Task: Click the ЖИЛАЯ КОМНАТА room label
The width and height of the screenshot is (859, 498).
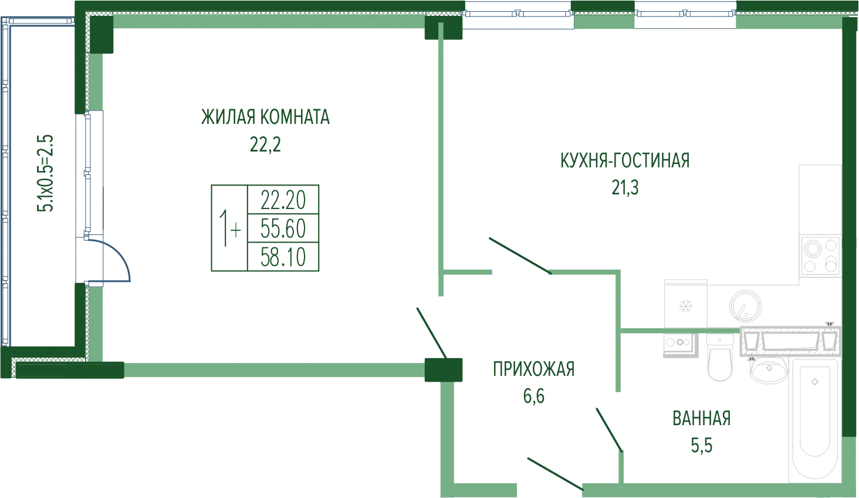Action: (x=265, y=117)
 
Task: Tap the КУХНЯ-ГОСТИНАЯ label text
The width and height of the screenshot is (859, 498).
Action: (x=625, y=160)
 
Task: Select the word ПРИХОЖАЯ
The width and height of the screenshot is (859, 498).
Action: (x=534, y=369)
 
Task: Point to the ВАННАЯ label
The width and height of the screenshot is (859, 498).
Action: (x=702, y=419)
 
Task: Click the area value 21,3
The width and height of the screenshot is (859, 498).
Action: (x=625, y=188)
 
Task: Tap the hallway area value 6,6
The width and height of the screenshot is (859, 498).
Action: (x=534, y=396)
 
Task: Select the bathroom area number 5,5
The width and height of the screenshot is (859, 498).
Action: (x=702, y=446)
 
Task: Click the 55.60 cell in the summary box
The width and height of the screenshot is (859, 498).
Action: (x=283, y=228)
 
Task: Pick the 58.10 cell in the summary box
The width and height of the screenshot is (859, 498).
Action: (x=283, y=257)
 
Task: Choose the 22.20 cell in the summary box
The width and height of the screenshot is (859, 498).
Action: (x=283, y=200)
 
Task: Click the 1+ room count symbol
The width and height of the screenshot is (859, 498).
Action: (x=229, y=228)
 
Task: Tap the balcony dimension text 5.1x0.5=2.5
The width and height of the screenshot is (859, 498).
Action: (x=45, y=173)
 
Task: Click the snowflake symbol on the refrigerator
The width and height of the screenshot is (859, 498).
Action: (x=685, y=307)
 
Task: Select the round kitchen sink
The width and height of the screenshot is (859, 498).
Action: (x=746, y=305)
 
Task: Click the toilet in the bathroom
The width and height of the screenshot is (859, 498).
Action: (x=720, y=357)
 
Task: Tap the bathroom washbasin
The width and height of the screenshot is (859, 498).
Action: (x=769, y=370)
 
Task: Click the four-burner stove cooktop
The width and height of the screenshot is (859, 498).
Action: (x=820, y=256)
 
